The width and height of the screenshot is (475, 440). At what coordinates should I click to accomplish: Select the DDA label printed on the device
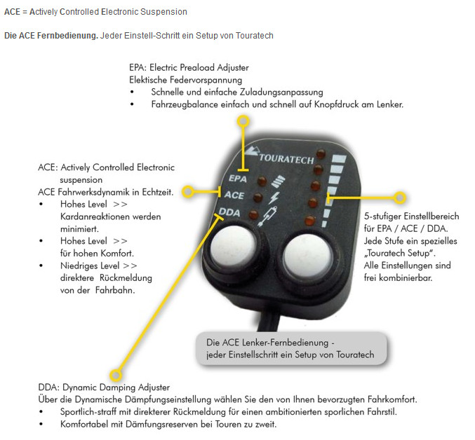tap(231, 212)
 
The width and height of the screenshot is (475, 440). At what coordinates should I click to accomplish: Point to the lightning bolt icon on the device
tap(274, 198)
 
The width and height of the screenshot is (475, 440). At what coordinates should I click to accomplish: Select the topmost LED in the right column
tap(320, 153)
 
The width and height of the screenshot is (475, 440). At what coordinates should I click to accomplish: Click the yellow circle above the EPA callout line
tap(243, 121)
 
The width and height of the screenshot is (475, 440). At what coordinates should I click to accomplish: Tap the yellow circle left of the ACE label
tap(187, 191)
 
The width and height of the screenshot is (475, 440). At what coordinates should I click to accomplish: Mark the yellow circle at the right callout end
tap(400, 198)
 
